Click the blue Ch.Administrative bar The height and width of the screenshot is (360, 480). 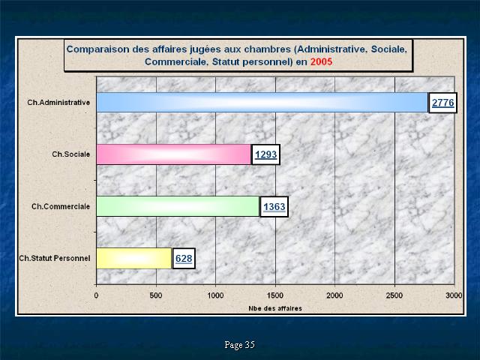point(262,102)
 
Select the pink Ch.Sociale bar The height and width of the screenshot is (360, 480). point(174,154)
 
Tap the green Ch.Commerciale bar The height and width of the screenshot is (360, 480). point(178,206)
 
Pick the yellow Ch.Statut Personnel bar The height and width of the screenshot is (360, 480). point(134,258)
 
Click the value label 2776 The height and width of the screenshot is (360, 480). point(442,103)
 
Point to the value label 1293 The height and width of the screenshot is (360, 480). point(265,154)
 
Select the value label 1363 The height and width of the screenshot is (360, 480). point(274,207)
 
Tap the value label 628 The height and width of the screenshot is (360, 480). point(184,259)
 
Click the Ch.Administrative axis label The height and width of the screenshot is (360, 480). point(58,102)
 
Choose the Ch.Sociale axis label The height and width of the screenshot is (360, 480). point(70,154)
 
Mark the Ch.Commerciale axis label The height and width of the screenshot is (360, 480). point(61,207)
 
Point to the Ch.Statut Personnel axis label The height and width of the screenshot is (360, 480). point(55,258)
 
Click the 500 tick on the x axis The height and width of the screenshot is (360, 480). point(156,295)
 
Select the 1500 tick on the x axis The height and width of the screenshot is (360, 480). point(275,295)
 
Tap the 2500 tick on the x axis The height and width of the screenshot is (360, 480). point(394,295)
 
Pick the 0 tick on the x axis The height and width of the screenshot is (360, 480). point(97,295)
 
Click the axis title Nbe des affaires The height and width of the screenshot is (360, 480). point(275,308)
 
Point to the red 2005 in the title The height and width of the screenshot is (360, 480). point(321,61)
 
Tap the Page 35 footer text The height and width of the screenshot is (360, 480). point(240,345)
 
